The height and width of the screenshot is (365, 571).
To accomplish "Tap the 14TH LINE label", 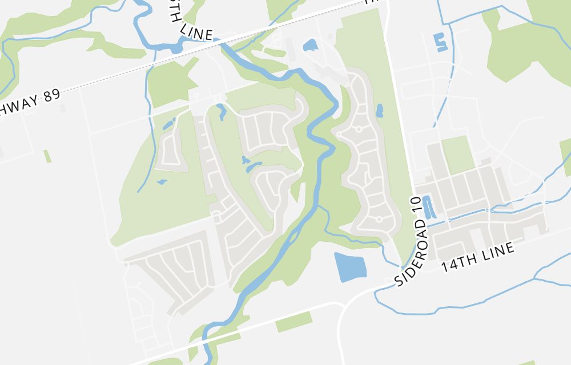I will point(478,258).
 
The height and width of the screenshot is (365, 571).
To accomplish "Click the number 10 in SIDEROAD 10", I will point(415,204).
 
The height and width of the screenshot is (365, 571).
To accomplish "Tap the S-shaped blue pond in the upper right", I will point(440,42).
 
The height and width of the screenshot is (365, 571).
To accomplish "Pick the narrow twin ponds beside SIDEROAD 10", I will point(428,206).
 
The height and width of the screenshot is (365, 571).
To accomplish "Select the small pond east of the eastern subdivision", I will point(380,110).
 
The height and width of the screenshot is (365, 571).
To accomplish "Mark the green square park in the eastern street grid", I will point(458,154).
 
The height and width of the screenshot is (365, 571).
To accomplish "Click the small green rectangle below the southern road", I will point(294,322).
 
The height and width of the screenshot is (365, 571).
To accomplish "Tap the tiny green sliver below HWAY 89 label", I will point(47,156).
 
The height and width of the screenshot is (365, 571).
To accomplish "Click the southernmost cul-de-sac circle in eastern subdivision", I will point(379,219).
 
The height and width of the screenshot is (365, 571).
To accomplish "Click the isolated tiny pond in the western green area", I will point(162,182).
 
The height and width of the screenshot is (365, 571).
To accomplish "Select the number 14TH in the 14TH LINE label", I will point(456,264).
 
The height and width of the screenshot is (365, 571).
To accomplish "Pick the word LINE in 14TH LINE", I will point(496,252).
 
